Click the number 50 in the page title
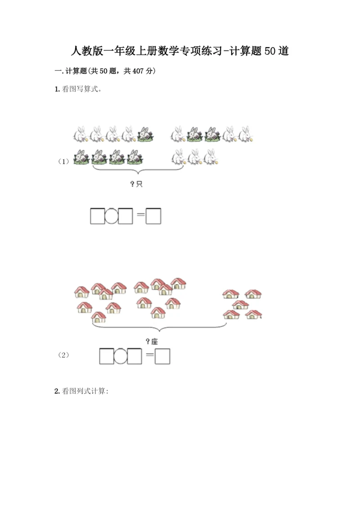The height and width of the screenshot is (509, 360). click(x=270, y=51)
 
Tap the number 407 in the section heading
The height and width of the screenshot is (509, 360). click(x=138, y=71)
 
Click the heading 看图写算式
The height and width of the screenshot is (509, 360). click(x=80, y=89)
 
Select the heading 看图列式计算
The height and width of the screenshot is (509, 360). click(x=84, y=391)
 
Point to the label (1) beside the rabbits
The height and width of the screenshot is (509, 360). click(x=63, y=161)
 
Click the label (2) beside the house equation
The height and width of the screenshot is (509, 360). click(x=63, y=355)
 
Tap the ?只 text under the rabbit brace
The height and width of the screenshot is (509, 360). click(x=136, y=184)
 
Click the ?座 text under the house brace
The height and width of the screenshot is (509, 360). click(x=152, y=341)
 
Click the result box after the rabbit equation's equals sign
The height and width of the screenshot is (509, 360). click(x=153, y=216)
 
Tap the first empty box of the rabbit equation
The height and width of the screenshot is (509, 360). click(x=97, y=216)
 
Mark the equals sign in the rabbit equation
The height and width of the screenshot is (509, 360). click(x=140, y=215)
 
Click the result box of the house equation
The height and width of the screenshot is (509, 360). click(x=162, y=356)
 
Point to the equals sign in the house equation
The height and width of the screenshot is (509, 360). click(x=149, y=355)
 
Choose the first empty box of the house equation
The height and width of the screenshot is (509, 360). click(x=107, y=356)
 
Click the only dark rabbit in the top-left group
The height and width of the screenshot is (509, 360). click(x=145, y=135)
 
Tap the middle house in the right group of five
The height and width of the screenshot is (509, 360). click(x=240, y=305)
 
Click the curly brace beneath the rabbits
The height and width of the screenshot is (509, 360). click(x=138, y=170)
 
